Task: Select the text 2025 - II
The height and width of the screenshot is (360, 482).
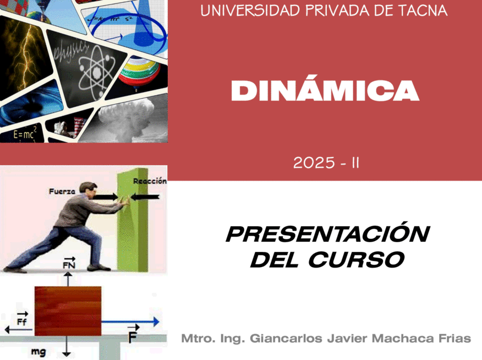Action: (326, 162)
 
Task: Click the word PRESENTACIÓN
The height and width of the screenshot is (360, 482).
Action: (328, 234)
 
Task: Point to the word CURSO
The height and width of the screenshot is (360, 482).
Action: (357, 260)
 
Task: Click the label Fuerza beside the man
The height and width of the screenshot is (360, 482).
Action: (62, 192)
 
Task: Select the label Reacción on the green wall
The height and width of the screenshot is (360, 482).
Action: (150, 181)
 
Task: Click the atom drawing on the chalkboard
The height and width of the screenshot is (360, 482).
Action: (96, 72)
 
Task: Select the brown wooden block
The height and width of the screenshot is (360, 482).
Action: (68, 311)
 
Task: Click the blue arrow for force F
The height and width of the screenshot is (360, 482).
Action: (130, 322)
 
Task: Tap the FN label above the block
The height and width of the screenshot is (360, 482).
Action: (69, 263)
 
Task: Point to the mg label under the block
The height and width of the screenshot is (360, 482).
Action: (39, 351)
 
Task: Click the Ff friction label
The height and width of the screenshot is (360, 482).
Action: (22, 319)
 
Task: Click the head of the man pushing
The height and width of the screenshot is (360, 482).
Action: (88, 189)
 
